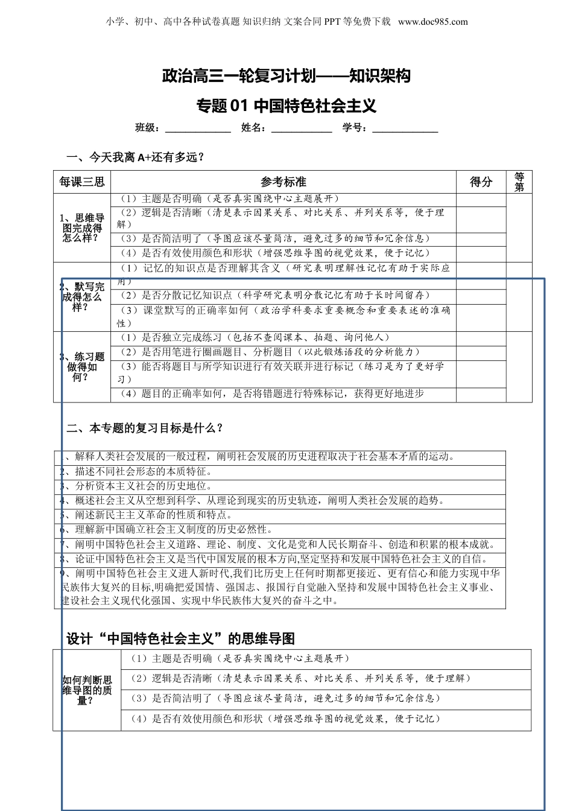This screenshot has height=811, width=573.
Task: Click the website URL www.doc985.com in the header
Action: (433, 22)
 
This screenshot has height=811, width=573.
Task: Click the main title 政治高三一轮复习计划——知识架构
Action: (286, 76)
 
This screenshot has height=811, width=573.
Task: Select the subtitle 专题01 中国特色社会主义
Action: (286, 106)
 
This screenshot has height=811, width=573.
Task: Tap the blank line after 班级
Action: (198, 129)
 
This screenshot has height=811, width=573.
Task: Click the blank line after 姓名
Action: (302, 129)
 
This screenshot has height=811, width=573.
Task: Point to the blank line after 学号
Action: (405, 129)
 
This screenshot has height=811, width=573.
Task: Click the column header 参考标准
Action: (283, 182)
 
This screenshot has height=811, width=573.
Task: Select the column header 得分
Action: (481, 182)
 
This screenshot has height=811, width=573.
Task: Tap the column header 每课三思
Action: (82, 182)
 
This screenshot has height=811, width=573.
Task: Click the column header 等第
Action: (519, 182)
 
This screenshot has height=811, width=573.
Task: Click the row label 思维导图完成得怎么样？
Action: (83, 227)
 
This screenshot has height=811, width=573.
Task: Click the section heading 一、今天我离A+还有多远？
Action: (135, 157)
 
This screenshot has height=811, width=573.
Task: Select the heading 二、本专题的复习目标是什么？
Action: (145, 428)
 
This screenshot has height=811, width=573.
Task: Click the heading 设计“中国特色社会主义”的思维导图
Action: (180, 639)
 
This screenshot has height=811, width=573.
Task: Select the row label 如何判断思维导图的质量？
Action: (87, 690)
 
